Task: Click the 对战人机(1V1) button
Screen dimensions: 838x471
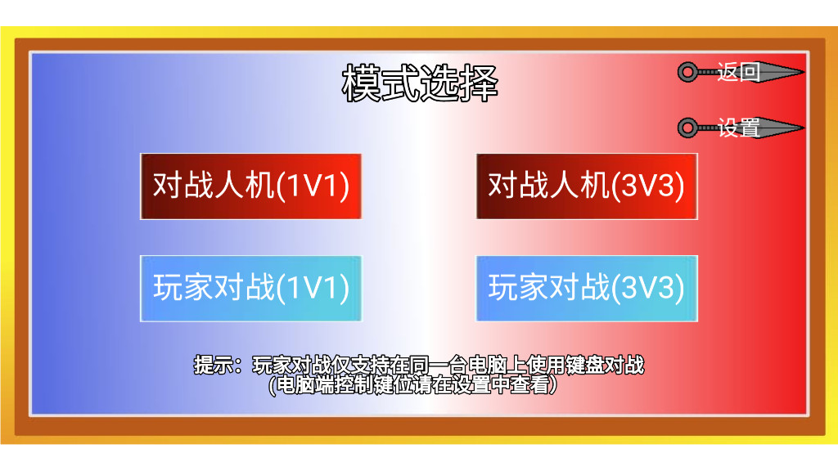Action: [x=250, y=186]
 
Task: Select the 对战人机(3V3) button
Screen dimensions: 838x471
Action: [x=587, y=186]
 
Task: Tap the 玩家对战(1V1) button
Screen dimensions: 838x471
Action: [x=250, y=289]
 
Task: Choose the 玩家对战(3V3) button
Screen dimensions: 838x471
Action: [x=587, y=289]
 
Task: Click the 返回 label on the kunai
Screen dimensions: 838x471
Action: [x=738, y=72]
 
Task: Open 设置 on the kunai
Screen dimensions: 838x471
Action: [x=738, y=128]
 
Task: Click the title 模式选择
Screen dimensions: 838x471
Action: [x=420, y=83]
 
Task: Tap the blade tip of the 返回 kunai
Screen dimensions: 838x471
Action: [x=804, y=72]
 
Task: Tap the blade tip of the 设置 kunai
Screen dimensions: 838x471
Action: [x=804, y=128]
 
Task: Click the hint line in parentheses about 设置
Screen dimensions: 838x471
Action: [x=412, y=384]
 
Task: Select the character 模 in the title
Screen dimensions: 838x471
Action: [x=361, y=83]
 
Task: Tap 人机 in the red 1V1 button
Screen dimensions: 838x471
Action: [x=244, y=186]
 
